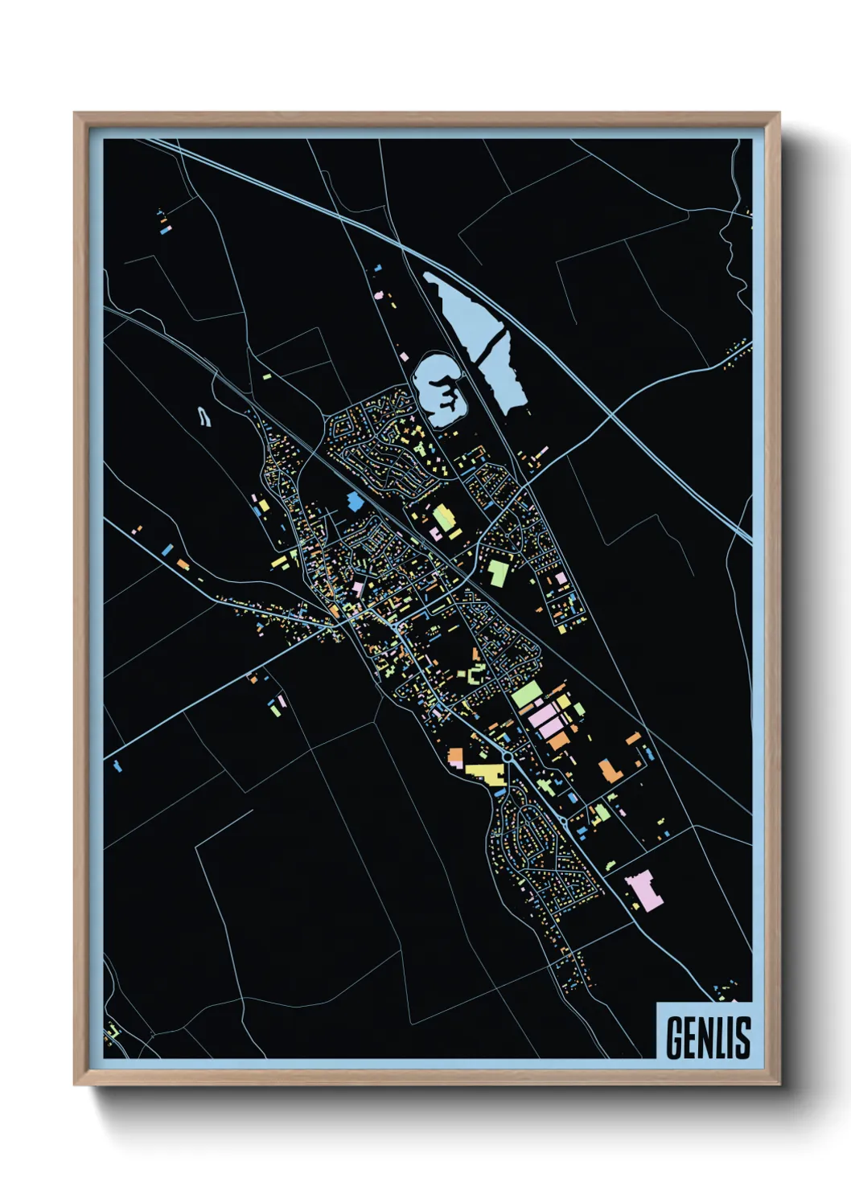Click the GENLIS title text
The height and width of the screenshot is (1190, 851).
[x=708, y=1037]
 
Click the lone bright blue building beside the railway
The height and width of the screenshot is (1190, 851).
[x=355, y=502]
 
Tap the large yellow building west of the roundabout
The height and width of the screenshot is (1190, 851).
[x=485, y=773]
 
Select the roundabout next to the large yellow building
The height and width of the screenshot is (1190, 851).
[x=508, y=757]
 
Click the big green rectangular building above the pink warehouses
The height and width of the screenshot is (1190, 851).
[x=526, y=693]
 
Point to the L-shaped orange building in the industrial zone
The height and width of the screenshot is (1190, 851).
[x=610, y=769]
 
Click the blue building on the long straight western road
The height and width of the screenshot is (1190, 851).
[x=167, y=551]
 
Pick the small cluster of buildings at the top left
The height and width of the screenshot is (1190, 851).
[x=164, y=221]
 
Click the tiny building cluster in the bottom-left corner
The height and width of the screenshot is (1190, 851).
[x=113, y=1030]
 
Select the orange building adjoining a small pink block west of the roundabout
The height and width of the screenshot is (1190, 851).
[x=455, y=757]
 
